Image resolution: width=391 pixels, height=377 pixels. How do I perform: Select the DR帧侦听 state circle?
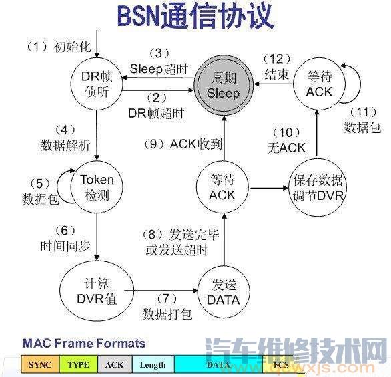(x=99, y=84)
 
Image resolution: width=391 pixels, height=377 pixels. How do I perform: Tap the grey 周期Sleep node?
(x=223, y=86)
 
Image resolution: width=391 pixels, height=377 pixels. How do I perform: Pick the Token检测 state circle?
(x=97, y=188)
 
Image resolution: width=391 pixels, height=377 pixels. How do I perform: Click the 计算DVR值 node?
(x=98, y=290)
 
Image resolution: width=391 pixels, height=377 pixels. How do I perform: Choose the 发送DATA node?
(x=222, y=290)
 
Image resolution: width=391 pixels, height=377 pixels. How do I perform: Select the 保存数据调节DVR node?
(x=318, y=188)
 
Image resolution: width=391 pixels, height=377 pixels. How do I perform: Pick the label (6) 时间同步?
(x=65, y=237)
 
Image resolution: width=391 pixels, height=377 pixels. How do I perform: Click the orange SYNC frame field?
(x=41, y=364)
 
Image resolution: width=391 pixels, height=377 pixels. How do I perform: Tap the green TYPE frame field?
(x=79, y=364)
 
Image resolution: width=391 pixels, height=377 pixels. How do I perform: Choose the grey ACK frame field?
(x=115, y=364)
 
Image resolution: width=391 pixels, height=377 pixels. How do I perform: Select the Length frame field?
(x=153, y=364)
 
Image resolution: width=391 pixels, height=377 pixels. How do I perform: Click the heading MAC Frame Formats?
(x=83, y=344)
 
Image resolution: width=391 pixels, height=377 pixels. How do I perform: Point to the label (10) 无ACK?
(x=286, y=140)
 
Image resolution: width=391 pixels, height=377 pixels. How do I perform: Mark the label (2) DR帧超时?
(x=155, y=106)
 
